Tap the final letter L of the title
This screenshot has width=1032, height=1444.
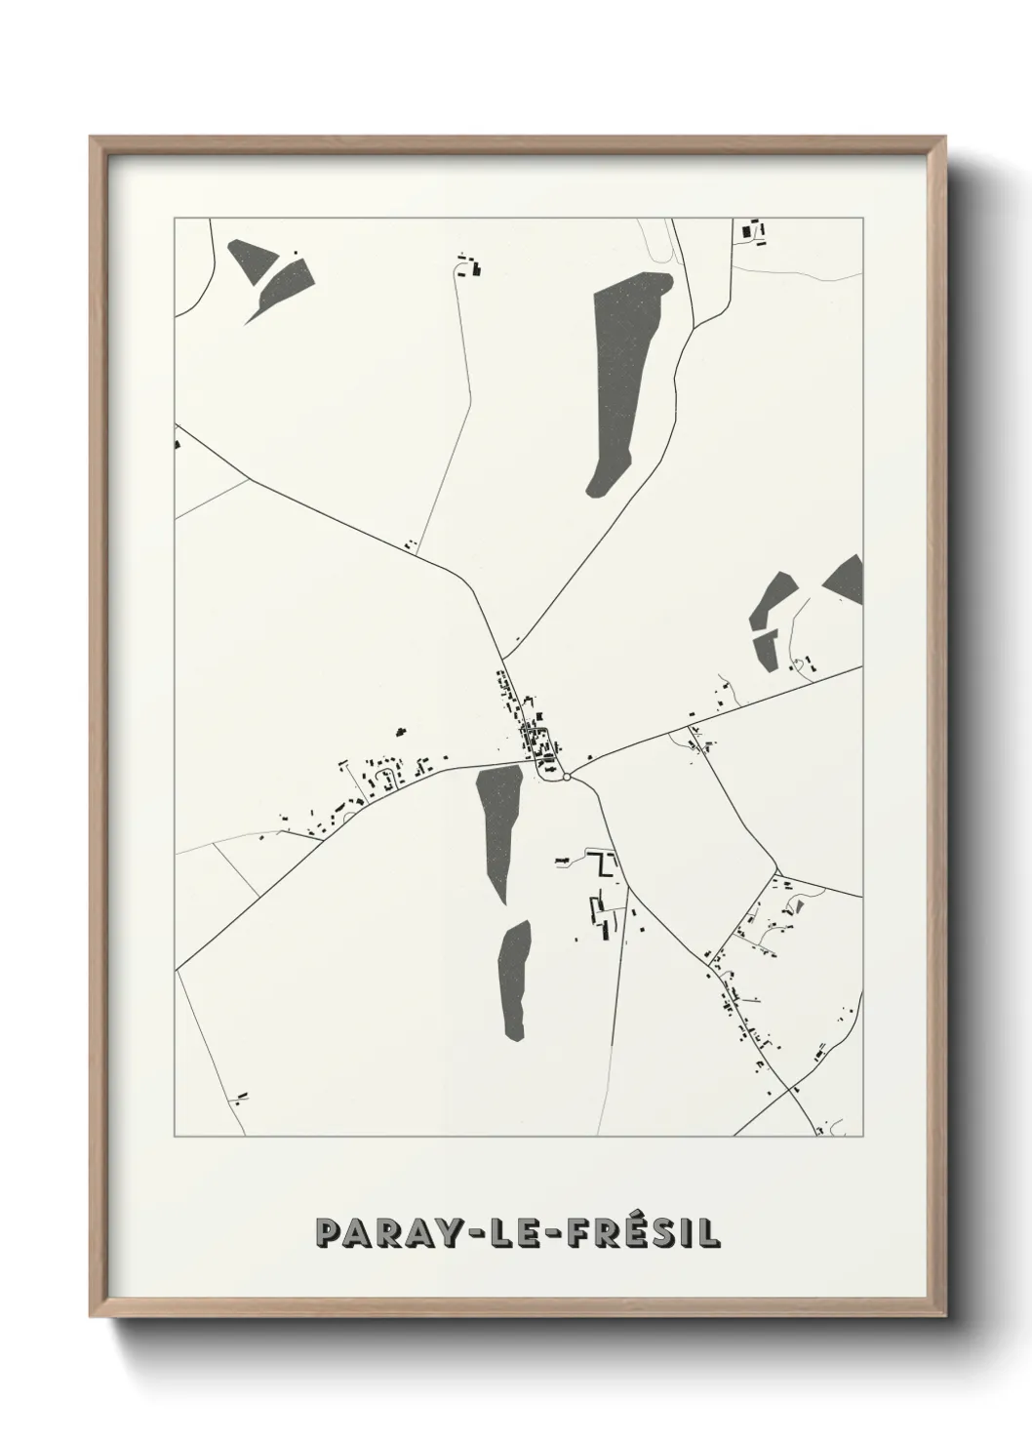pyautogui.click(x=710, y=1233)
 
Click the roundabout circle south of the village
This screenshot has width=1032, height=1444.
pyautogui.click(x=566, y=778)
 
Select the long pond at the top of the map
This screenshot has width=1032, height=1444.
pyautogui.click(x=626, y=371)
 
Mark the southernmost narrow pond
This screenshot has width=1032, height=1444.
pyautogui.click(x=514, y=979)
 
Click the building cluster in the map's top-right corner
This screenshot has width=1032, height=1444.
pyautogui.click(x=753, y=231)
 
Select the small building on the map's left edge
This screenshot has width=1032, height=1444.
pyautogui.click(x=178, y=444)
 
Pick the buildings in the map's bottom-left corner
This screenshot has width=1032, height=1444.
pyautogui.click(x=240, y=1097)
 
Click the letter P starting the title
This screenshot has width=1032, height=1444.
pyautogui.click(x=328, y=1233)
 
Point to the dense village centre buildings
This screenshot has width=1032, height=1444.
pyautogui.click(x=537, y=740)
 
